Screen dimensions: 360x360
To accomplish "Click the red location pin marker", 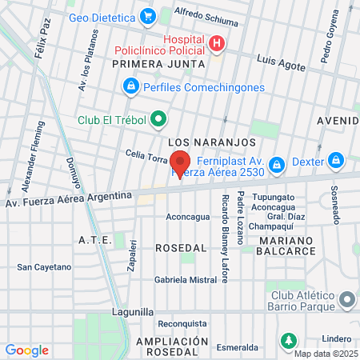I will (x=180, y=162).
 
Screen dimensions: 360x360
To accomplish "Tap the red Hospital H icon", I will (x=215, y=42).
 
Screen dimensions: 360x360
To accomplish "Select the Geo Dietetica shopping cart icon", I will (x=147, y=16).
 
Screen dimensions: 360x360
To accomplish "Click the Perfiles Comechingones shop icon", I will (x=130, y=85).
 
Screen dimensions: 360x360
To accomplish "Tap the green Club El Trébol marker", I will (x=158, y=120).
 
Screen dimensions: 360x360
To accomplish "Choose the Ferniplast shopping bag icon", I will (x=277, y=164).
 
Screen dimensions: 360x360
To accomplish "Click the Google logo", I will (x=27, y=350).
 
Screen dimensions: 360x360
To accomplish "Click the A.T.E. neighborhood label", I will (x=94, y=240).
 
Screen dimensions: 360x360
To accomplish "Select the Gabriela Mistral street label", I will (x=186, y=280).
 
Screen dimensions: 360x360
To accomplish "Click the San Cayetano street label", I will (x=44, y=267).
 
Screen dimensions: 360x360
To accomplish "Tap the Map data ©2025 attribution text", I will (x=325, y=353).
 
